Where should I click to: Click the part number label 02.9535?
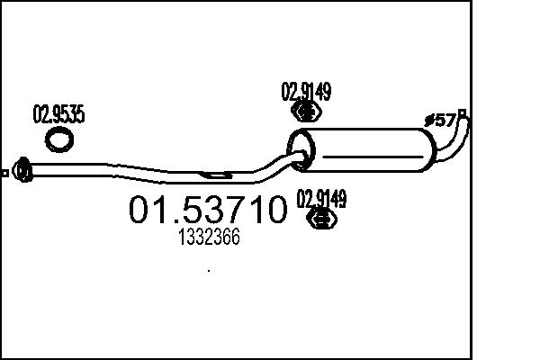click(58, 115)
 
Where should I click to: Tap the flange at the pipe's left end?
click(24, 169)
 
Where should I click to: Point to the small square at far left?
click(4, 172)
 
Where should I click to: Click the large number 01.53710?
click(208, 210)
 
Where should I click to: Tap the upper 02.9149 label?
click(307, 91)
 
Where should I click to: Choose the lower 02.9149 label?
click(322, 198)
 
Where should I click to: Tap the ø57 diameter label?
click(441, 120)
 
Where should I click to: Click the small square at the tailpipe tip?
click(463, 113)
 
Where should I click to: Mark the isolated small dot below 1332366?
click(209, 269)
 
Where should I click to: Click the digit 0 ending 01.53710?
click(274, 210)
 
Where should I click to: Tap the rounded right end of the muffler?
click(428, 151)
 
